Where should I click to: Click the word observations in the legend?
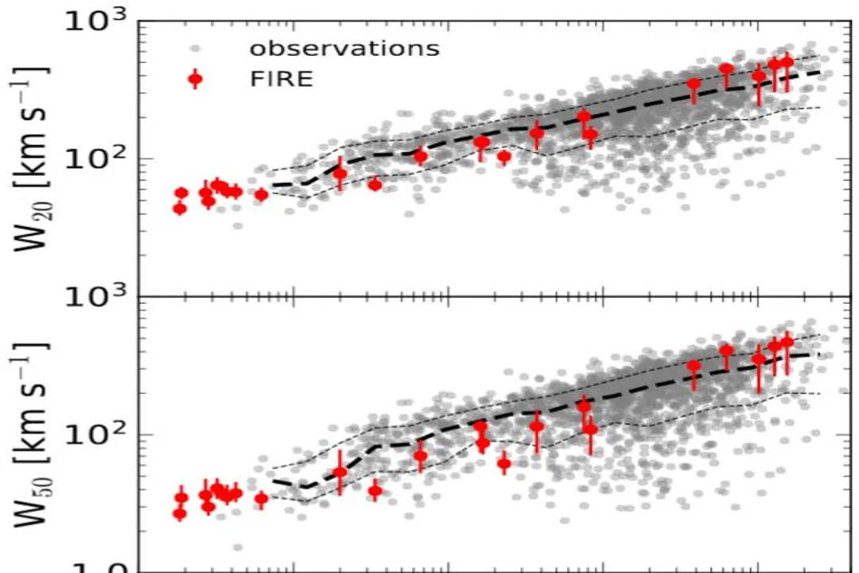click(x=344, y=48)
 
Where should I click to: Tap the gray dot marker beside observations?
click(x=196, y=48)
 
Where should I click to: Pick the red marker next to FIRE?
click(x=196, y=79)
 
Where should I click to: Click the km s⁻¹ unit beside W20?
click(x=33, y=127)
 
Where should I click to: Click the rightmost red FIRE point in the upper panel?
click(x=787, y=62)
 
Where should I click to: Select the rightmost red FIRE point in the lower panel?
click(x=787, y=342)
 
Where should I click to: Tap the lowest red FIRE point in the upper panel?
click(x=180, y=209)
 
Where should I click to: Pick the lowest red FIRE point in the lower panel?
click(x=180, y=513)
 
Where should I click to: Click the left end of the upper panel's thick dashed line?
click(x=273, y=185)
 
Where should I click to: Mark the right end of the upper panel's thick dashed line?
click(x=818, y=72)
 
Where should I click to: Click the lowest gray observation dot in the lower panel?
click(x=237, y=547)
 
